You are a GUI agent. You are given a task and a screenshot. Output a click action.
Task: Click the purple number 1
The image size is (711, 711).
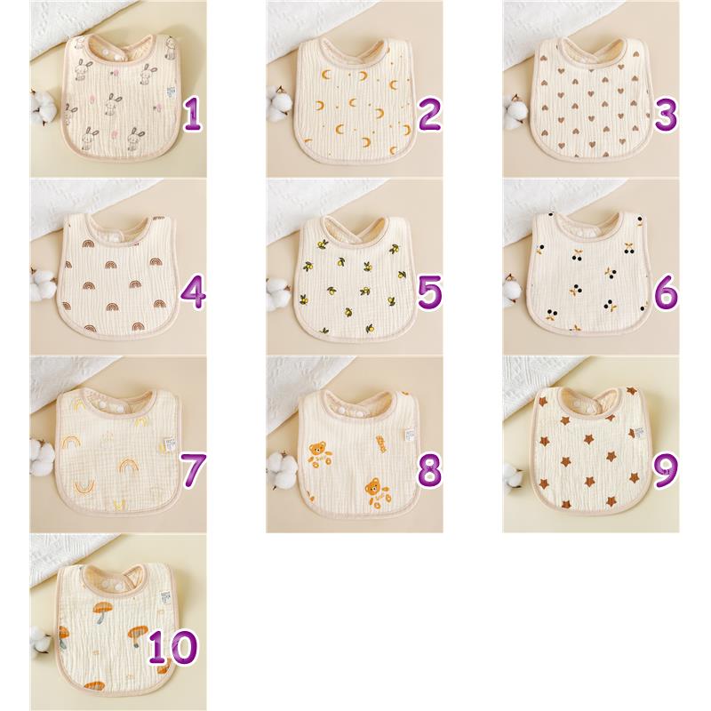(x=193, y=116)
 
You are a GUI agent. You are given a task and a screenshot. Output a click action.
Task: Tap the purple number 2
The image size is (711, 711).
(x=429, y=116)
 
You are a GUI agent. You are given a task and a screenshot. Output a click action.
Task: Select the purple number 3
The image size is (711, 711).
(x=666, y=116)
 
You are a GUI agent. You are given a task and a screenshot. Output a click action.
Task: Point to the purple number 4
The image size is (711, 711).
(x=193, y=293)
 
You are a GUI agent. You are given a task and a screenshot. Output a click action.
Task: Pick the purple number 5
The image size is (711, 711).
(x=429, y=293)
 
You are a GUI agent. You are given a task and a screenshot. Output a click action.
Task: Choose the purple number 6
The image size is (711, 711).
(x=666, y=293)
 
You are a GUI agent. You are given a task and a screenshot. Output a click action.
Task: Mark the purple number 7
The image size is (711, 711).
(x=193, y=470)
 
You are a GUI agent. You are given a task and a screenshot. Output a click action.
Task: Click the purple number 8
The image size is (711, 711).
(x=429, y=470)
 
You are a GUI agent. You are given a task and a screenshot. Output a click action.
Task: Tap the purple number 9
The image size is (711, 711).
(x=666, y=470)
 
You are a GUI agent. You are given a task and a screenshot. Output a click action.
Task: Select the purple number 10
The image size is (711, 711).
(x=173, y=647)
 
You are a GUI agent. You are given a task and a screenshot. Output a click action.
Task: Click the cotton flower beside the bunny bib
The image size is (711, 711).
(x=43, y=108)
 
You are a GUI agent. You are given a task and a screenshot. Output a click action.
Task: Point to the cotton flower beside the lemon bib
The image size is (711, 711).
(x=278, y=294)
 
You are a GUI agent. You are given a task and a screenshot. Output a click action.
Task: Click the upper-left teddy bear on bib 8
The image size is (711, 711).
(x=318, y=455)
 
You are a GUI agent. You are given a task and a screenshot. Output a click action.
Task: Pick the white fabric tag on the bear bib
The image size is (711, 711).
(x=411, y=435)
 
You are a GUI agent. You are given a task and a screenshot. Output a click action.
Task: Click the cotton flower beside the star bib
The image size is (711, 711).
(x=513, y=478)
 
